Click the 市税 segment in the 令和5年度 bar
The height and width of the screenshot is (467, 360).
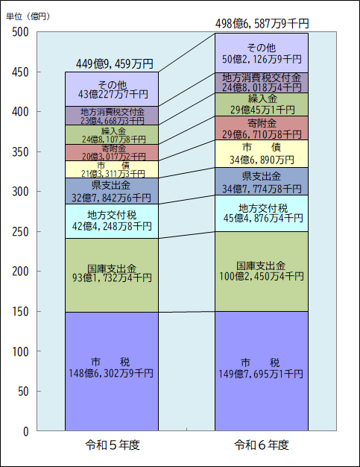(112, 371)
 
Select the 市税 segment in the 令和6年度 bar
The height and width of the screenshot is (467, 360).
(261, 371)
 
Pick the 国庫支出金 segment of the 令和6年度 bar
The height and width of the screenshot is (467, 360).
(261, 271)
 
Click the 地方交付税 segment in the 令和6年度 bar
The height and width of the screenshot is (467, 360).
(261, 213)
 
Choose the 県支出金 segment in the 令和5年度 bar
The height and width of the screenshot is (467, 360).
(112, 191)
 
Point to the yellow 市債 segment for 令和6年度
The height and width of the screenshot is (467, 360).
(261, 154)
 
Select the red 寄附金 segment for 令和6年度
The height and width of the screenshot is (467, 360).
(261, 128)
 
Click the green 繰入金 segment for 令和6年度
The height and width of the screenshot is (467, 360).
(261, 104)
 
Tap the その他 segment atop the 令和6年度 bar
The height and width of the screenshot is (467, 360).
(261, 52)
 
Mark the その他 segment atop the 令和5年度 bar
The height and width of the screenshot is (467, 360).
(112, 89)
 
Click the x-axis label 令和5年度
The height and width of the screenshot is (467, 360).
(113, 445)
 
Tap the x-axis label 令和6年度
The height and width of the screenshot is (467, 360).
(261, 445)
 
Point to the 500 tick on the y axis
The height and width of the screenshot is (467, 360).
(20, 32)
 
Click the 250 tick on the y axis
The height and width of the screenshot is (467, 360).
(20, 232)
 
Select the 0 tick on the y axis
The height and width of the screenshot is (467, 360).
(25, 431)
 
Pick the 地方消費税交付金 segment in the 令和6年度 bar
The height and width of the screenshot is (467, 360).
(261, 82)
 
